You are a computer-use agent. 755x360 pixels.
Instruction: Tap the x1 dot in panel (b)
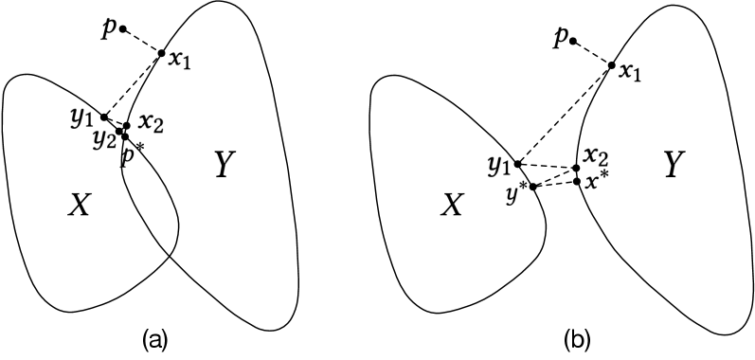[611, 64]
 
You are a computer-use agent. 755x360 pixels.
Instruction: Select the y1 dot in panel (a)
[105, 117]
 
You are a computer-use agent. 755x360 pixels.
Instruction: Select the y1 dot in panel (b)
[516, 165]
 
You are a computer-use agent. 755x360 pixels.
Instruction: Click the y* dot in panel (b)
[533, 186]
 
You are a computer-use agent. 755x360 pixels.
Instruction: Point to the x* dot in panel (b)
[577, 180]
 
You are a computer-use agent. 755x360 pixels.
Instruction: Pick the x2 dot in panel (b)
[577, 168]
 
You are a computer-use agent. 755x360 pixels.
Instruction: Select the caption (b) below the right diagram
[579, 338]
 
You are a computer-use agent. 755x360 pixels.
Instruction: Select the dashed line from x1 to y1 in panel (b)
[564, 115]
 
